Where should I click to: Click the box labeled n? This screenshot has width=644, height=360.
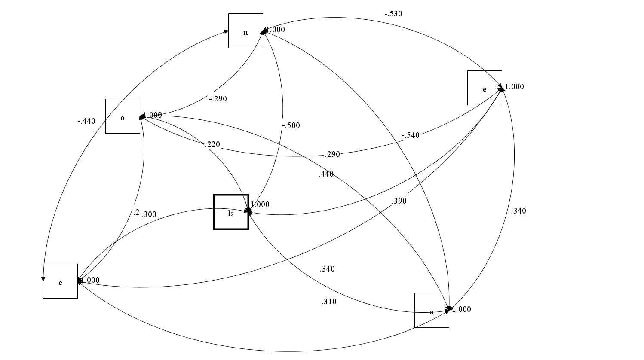245,31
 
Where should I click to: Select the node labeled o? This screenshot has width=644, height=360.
123,116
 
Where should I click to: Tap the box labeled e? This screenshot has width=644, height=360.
485,88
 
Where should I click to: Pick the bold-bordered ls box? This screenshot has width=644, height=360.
231,212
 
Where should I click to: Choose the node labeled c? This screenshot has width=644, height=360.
60,281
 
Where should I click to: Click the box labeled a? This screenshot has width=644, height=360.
432,310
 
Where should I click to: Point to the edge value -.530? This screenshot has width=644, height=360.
393,14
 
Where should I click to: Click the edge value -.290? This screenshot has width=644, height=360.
218,99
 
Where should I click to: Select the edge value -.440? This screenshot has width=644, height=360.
86,121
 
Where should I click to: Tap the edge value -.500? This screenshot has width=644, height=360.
291,125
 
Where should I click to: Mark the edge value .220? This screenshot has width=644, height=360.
212,144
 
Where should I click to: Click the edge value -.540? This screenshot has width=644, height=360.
411,135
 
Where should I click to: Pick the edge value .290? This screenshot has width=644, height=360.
332,154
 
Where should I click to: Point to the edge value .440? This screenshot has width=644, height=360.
326,174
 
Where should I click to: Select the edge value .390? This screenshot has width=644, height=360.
399,201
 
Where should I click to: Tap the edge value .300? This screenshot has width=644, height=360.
149,214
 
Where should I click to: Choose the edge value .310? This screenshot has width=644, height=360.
329,302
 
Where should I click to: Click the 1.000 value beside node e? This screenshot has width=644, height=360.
515,87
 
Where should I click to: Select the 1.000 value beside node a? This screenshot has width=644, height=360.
462,309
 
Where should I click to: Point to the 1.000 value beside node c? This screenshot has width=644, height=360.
91,280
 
